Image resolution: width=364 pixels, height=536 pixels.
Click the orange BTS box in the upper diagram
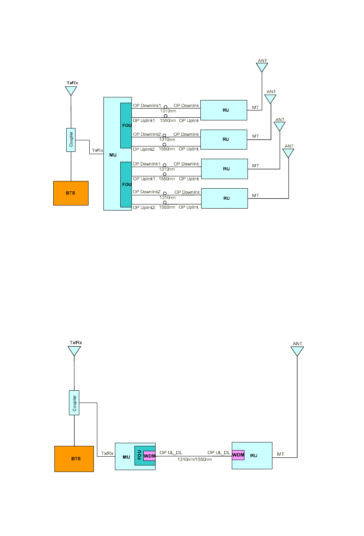tap(71, 193)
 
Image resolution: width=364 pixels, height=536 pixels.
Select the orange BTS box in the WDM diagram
tap(74, 459)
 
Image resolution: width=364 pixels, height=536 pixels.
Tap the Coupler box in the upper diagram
tap(71, 140)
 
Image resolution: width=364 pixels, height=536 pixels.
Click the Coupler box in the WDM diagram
tap(74, 403)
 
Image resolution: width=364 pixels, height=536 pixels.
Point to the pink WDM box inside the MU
tap(149, 456)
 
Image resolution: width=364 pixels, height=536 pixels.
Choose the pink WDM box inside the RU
tap(238, 455)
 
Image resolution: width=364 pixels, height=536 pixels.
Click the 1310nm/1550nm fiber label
tap(195, 459)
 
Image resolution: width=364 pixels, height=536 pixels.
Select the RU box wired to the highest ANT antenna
tap(224, 110)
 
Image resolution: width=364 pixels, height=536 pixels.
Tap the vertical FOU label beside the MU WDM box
tap(139, 455)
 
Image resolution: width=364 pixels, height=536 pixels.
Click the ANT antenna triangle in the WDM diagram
tap(297, 351)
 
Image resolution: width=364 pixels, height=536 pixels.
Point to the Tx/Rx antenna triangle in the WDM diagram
tap(74, 351)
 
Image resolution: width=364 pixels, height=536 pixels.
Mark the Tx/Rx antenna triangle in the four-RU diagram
tap(71, 91)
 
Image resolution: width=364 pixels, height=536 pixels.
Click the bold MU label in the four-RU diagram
tap(113, 155)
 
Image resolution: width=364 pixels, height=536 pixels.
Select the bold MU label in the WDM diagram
tap(126, 457)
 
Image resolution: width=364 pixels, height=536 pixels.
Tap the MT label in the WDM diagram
tap(280, 454)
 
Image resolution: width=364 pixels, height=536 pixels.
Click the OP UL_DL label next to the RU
tap(218, 452)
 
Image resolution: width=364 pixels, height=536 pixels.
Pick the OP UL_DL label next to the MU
tap(171, 452)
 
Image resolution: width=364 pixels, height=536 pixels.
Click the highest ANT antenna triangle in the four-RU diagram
tap(262, 67)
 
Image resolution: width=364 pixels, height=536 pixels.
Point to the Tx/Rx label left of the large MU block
tap(97, 150)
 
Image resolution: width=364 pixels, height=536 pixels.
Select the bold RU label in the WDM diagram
tap(254, 455)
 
